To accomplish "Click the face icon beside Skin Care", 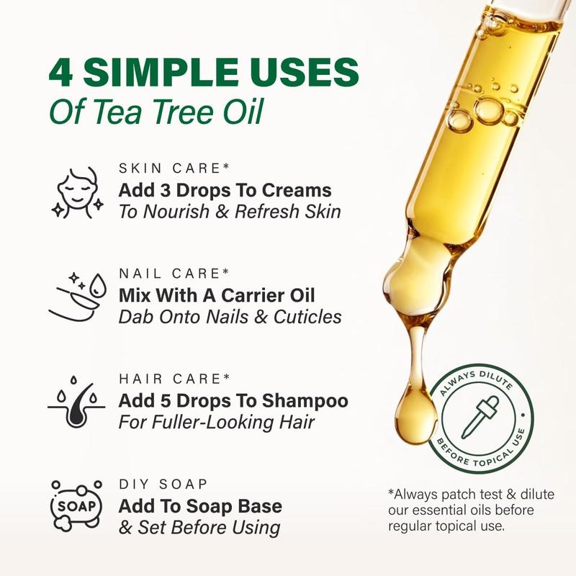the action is (78, 193).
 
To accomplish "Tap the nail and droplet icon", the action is (78, 297).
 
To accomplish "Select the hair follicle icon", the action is (76, 402).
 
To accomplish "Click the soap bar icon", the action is (76, 506).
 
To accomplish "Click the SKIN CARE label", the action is (174, 168).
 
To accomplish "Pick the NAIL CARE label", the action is (174, 274).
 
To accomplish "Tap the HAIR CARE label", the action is (174, 379).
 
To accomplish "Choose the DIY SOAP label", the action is (163, 484).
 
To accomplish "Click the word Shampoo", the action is (305, 402).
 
